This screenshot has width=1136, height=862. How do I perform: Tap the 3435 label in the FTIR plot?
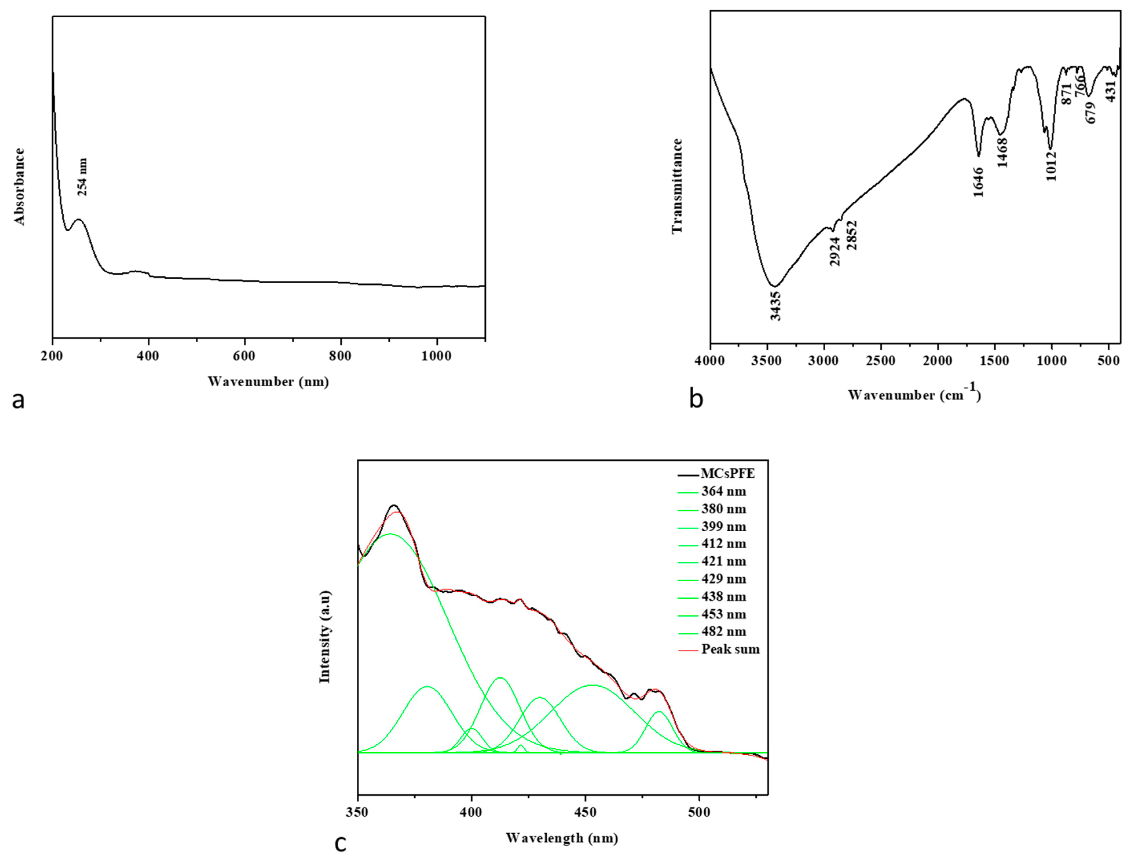click(776, 306)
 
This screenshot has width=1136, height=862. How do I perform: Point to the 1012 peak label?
click(1051, 165)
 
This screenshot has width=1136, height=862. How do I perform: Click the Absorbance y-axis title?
click(19, 186)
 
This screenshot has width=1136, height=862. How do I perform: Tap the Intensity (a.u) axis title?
click(325, 637)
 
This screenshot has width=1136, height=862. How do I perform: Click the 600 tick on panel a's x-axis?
click(244, 356)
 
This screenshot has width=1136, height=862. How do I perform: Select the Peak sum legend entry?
click(730, 649)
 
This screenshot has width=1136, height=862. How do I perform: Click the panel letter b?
click(696, 399)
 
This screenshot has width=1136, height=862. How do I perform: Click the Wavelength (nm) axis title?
click(562, 838)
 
